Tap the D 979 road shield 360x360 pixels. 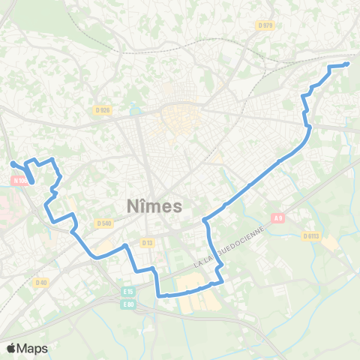[x=265, y=25]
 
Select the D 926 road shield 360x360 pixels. [x=103, y=110]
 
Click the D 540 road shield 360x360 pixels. [x=103, y=223]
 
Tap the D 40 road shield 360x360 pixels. [x=41, y=282]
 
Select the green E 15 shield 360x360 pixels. [x=127, y=292]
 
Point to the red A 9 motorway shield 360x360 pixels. [x=278, y=218]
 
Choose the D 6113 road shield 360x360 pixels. [x=311, y=235]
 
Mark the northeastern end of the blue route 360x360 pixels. [x=347, y=64]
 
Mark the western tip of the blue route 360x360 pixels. [x=11, y=163]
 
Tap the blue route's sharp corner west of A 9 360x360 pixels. [x=205, y=220]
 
